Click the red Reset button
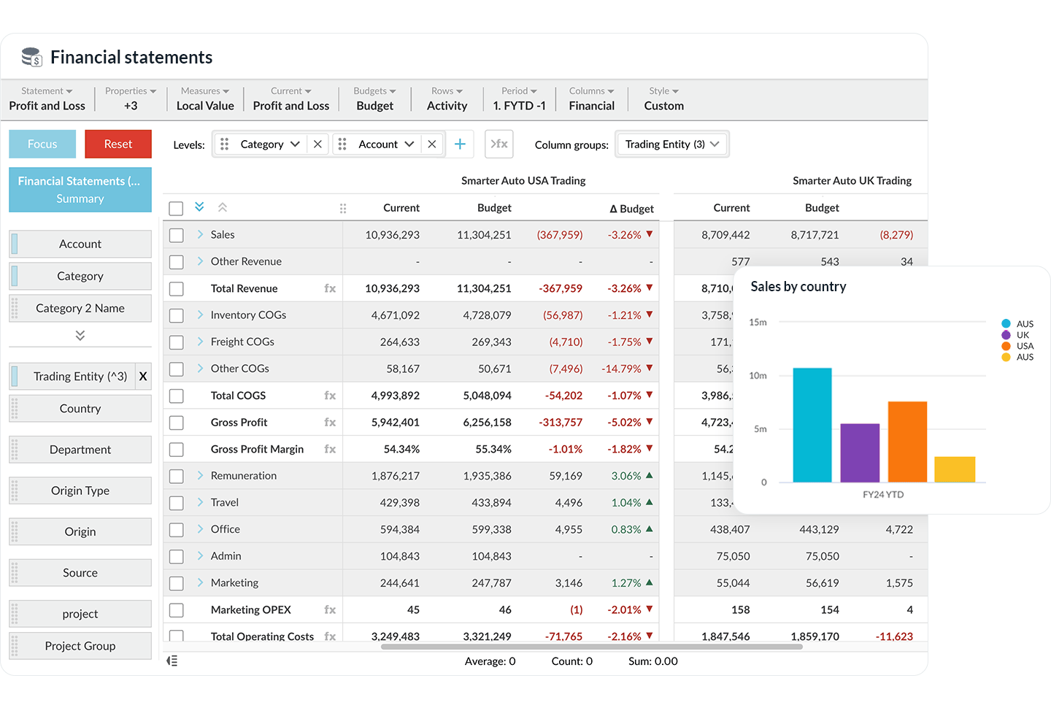pos(118,144)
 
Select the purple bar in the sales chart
pos(860,453)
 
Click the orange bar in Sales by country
pos(907,442)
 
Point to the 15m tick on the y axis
pos(758,322)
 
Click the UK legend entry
pos(1023,335)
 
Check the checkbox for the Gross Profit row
pos(176,423)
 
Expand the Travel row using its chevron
pos(200,502)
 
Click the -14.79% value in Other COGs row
pos(621,369)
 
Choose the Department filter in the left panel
pos(80,450)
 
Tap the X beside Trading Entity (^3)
pos(143,376)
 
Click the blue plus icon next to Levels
pos(460,145)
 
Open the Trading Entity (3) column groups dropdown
pos(671,145)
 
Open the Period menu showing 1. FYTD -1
pos(519,99)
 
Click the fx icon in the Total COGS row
pos(330,396)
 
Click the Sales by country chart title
pos(798,287)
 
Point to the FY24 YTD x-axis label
pos(882,494)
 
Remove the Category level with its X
pos(317,145)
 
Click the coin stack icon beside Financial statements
pos(31,57)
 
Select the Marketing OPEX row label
pos(250,609)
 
